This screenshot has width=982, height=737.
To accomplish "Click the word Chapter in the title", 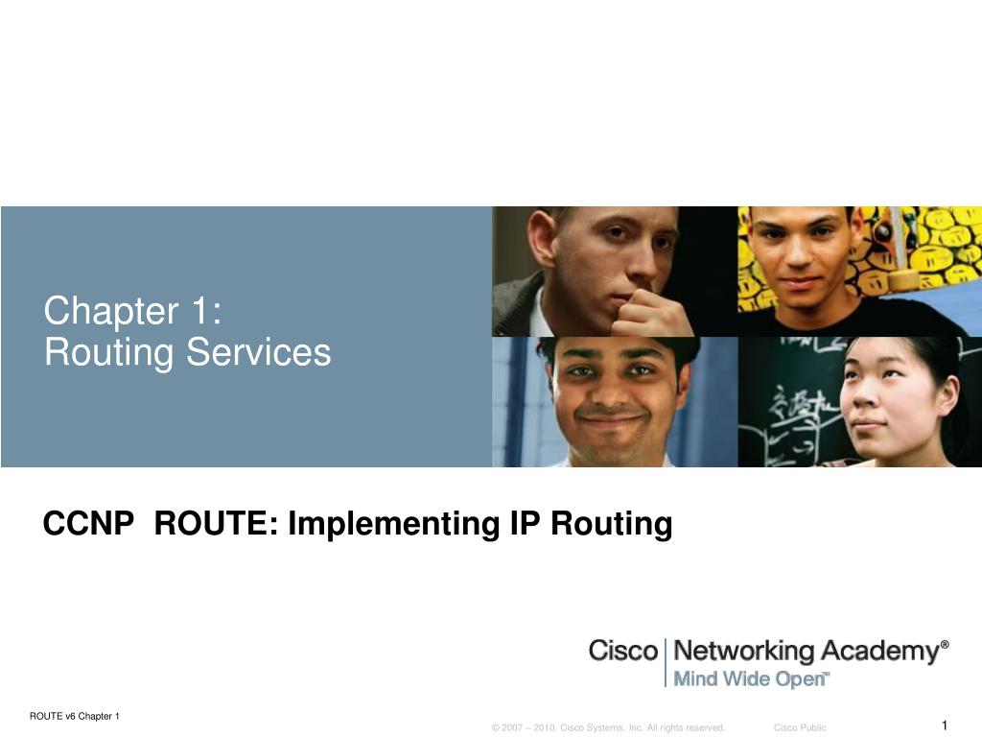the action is coord(111,312).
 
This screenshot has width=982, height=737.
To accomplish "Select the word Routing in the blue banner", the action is coord(108,353).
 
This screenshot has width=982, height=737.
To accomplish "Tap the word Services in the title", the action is coord(259,352).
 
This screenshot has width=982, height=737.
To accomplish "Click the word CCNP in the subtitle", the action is coord(88,523).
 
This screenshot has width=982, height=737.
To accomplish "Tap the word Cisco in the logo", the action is coord(623,651).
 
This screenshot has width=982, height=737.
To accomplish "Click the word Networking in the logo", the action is coord(743,652).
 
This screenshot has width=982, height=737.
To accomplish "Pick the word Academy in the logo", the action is coord(880,653).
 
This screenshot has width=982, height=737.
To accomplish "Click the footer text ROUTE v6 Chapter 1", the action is coord(75,716).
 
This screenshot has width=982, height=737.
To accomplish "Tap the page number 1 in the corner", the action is coord(945,725).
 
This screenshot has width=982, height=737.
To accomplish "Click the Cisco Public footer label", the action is coord(800,727).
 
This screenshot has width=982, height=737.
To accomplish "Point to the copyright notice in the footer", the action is coord(608,727).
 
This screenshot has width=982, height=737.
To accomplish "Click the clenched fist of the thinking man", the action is coord(651,314).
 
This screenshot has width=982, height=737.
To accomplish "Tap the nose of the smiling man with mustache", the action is coord(612,392).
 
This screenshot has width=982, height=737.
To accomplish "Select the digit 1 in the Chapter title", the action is coord(199,312).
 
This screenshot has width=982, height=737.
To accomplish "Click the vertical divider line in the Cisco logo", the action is coord(666,662).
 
